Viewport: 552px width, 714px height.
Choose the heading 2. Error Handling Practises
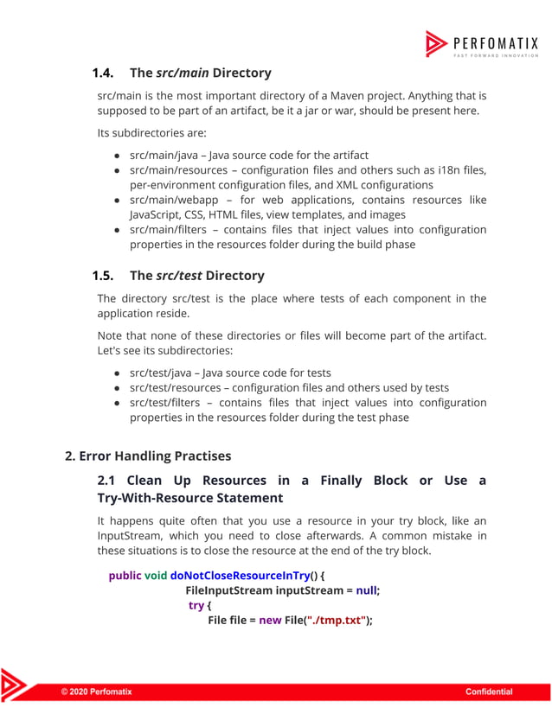[148, 456]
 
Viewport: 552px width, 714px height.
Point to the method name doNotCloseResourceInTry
[240, 575]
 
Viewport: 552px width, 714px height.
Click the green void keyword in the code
[156, 575]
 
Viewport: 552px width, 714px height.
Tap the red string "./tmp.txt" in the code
[337, 621]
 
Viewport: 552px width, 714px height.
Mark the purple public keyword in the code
[125, 575]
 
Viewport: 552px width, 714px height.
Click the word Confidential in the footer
[489, 692]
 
